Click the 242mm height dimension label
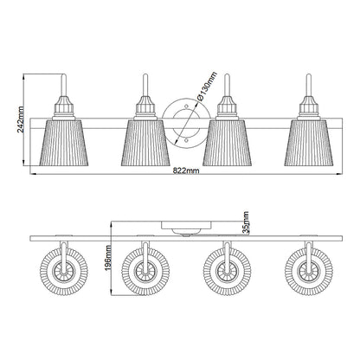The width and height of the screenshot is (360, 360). point(21,119)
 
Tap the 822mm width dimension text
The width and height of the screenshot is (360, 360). point(186,170)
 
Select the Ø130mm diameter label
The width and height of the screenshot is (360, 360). point(207,86)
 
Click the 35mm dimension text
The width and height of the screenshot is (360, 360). point(246,222)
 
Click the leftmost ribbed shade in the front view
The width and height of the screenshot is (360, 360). point(63,143)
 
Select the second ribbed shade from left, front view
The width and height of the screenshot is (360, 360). point(145,143)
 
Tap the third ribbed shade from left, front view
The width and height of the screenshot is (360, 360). point(227,143)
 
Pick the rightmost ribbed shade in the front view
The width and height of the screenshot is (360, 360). point(309,143)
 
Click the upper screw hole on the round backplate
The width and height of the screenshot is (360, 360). point(186,106)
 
